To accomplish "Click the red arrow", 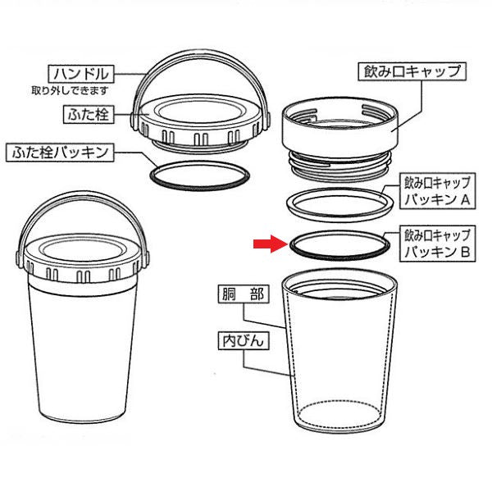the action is point(270,244).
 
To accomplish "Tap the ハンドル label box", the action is point(81,74).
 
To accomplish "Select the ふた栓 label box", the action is point(89,114).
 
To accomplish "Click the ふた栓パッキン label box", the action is point(60,153).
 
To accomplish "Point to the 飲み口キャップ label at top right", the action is point(412,72).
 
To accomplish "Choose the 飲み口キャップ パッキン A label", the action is point(437,191).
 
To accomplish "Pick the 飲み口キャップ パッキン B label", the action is point(437,244).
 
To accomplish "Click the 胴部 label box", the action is point(244,294).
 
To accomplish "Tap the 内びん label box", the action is point(244,340).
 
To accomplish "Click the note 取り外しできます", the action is point(70,91).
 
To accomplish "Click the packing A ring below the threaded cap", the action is point(339,217).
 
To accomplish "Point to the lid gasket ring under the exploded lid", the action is point(199,189).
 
